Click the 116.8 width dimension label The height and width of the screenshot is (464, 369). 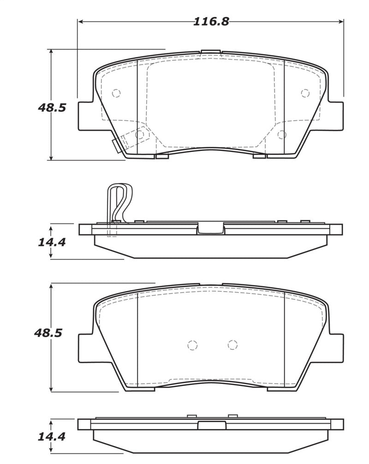coord(211,22)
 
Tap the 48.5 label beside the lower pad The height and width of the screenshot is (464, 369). coord(48,333)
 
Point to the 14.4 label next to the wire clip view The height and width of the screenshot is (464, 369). coord(52,241)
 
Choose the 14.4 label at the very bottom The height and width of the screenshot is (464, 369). coord(52,437)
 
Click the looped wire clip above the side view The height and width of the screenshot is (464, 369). coord(119,203)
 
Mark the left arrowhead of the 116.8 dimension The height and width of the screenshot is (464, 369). coord(80,22)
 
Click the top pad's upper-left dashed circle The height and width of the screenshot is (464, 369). coord(116,93)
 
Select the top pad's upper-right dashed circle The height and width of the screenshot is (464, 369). coord(304,93)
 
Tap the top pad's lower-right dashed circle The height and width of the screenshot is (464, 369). coord(282,134)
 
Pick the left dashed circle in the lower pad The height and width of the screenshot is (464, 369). coord(192,345)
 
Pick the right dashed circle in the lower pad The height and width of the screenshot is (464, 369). coord(232,344)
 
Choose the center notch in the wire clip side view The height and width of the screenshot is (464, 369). coord(211,228)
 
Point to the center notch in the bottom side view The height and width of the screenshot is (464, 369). coord(211,426)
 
